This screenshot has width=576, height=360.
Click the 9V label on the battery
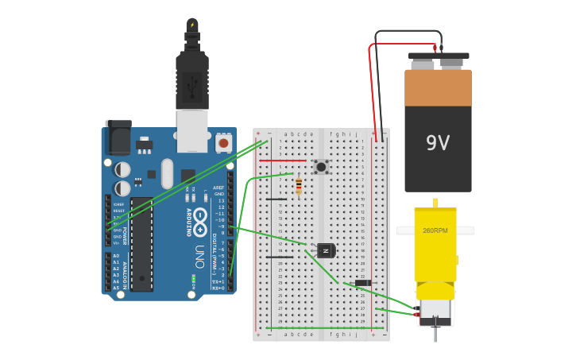pyautogui.click(x=438, y=143)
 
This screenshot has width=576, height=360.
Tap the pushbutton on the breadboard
pyautogui.click(x=321, y=166)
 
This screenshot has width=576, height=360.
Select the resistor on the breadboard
pyautogui.click(x=298, y=186)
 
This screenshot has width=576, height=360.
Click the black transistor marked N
pyautogui.click(x=326, y=250)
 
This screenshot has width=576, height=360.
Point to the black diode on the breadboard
pyautogui.click(x=363, y=283)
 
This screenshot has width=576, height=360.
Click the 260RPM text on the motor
pyautogui.click(x=435, y=230)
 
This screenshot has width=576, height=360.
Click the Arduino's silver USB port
pyautogui.click(x=191, y=130)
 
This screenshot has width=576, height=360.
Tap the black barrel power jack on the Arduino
pyautogui.click(x=118, y=137)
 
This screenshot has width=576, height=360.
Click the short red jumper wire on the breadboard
pyautogui.click(x=282, y=161)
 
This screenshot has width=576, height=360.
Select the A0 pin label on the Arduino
pyautogui.click(x=116, y=256)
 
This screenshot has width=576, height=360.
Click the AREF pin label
pyautogui.click(x=218, y=188)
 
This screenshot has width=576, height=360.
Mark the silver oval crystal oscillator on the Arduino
pyautogui.click(x=167, y=173)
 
